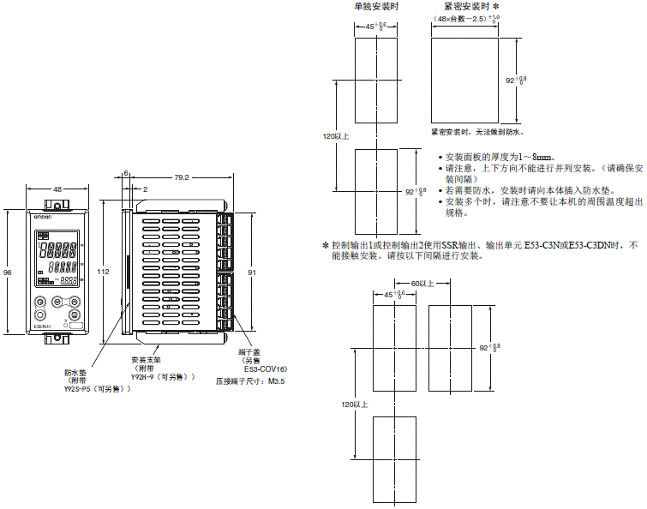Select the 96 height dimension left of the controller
[x=8, y=272]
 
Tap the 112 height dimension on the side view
[x=104, y=271]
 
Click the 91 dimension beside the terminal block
[x=250, y=272]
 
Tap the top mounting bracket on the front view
[x=57, y=204]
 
